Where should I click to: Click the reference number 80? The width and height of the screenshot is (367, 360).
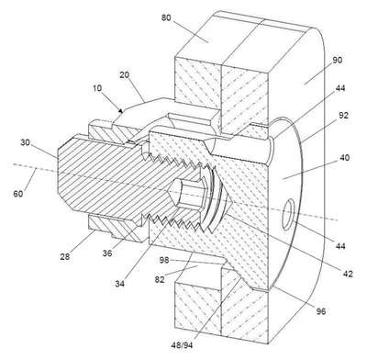pos(166,17)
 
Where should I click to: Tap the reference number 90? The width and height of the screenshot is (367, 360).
pos(338,61)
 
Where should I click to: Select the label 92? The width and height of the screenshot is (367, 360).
pos(344,116)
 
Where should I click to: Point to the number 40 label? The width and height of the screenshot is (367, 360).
pos(344,158)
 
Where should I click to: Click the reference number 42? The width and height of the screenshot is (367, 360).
pos(348,274)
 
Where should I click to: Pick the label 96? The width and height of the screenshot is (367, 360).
pos(321,311)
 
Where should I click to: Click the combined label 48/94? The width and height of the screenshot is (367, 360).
pos(182,345)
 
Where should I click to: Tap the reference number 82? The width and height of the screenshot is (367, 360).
pos(160,279)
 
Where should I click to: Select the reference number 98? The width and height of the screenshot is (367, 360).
pos(164,260)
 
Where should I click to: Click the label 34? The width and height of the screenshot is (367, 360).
pos(120,284)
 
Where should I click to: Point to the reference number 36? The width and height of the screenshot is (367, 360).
pos(107,253)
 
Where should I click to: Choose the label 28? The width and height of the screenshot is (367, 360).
pos(65,256)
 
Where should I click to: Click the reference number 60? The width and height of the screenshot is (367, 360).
pos(18,194)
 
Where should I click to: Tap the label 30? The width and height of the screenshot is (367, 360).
pos(26,142)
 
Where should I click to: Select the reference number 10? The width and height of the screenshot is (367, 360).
pos(97,88)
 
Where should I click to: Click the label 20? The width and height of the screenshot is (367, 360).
pos(124,74)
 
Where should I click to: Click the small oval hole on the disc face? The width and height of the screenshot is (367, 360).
pos(288,214)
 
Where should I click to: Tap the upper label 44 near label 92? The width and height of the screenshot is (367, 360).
pos(340,88)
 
